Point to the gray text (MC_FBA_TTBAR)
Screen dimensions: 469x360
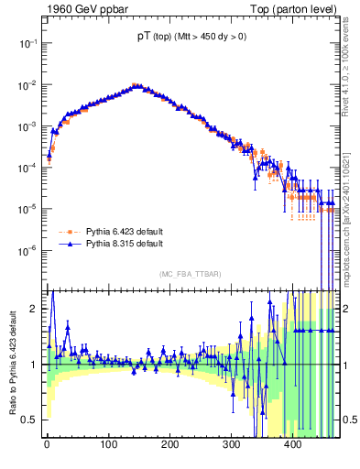(x=190, y=273)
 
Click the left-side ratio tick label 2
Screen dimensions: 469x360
(x=34, y=309)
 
